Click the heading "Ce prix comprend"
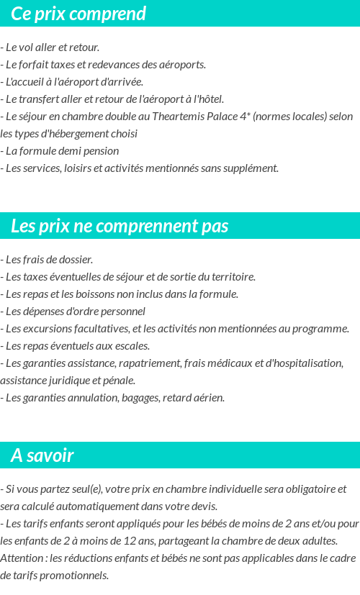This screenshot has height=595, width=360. click(x=78, y=14)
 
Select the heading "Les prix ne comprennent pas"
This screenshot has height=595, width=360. click(x=120, y=226)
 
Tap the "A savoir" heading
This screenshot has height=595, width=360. click(x=42, y=455)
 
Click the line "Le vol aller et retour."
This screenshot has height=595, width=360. click(x=50, y=47)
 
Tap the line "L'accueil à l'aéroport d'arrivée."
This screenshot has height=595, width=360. click(x=72, y=82)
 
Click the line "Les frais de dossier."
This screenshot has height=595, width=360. click(x=47, y=260)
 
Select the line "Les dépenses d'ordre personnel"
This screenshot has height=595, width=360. click(x=73, y=312)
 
